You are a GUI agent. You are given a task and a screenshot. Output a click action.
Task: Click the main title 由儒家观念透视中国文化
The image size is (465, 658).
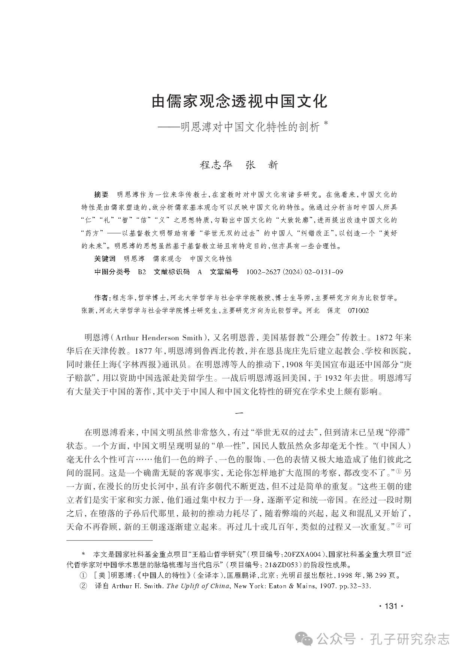tap(239, 101)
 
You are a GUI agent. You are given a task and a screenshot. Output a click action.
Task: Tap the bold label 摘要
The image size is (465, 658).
tap(101, 195)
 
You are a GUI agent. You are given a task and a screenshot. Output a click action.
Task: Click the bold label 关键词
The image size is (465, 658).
tap(105, 259)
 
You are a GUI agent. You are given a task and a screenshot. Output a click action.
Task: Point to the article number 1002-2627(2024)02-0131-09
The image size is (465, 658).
tap(294, 272)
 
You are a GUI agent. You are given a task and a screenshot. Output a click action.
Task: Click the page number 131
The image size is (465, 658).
tap(391, 607)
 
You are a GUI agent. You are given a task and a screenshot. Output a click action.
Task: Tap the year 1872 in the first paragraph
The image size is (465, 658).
tap(382, 338)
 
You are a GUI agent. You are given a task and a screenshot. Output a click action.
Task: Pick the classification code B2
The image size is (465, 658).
tap(142, 272)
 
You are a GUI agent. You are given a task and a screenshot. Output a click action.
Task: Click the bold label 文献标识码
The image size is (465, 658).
tap(172, 272)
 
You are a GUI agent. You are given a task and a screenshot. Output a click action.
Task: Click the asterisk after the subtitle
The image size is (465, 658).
tap(325, 125)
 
